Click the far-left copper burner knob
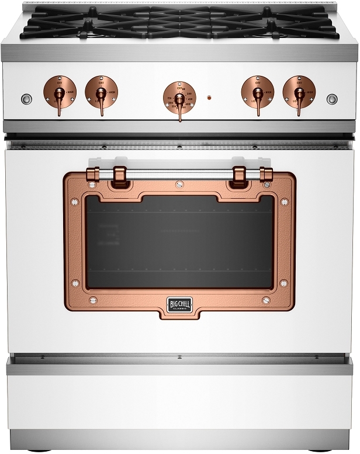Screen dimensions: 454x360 [60, 91]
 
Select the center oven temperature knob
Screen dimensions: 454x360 [179, 97]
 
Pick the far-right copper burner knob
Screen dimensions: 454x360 [298, 91]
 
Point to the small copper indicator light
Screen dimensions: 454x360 [209, 98]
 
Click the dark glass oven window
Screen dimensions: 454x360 [179, 242]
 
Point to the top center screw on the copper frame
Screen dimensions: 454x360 [179, 185]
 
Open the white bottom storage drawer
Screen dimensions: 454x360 [179, 403]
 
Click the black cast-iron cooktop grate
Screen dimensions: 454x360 [179, 23]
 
